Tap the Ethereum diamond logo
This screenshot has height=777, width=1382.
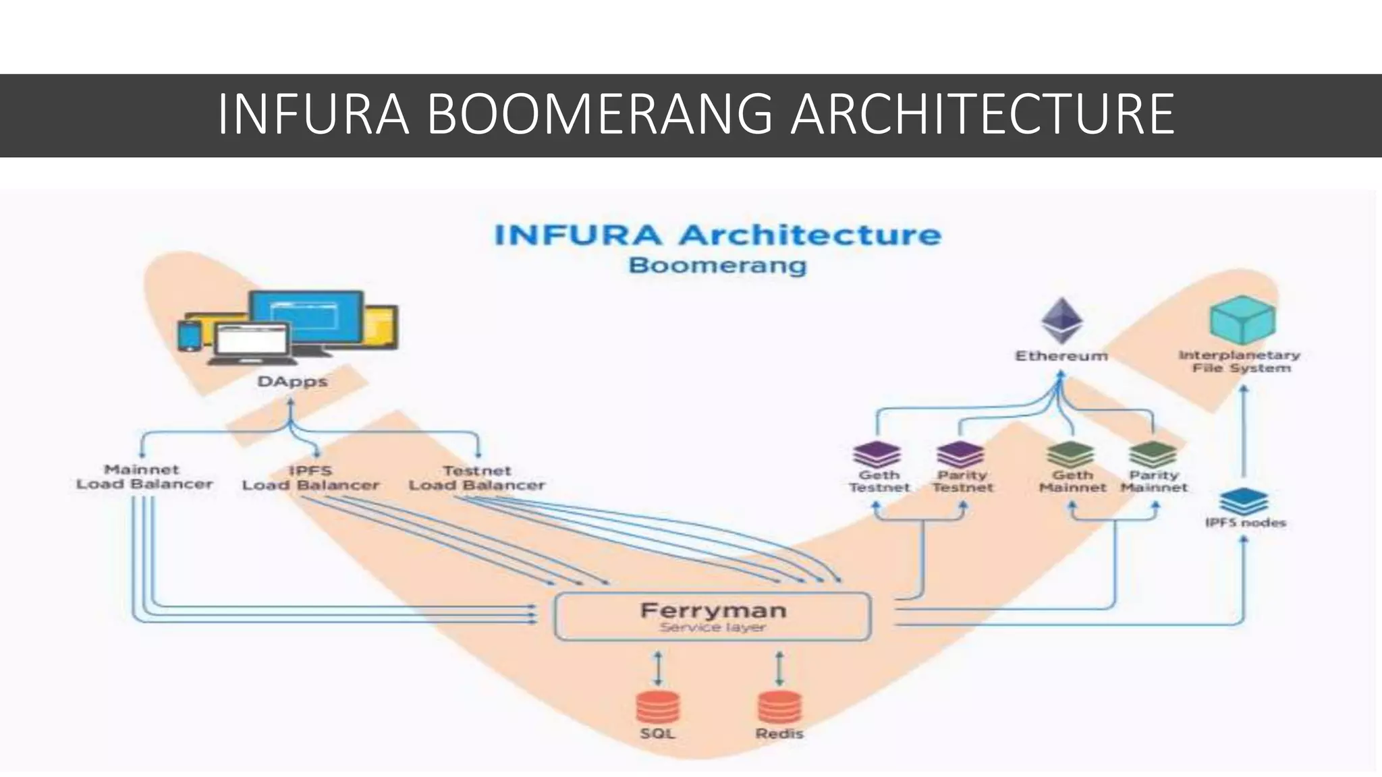tap(1061, 321)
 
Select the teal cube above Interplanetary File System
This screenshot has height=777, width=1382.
tap(1242, 320)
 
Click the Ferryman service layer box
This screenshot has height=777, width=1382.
tap(713, 616)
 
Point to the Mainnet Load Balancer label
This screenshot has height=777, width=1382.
tap(144, 477)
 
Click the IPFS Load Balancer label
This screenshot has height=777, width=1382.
tap(310, 478)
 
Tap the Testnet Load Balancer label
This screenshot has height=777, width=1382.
tap(476, 478)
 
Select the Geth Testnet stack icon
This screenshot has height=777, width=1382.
tap(877, 454)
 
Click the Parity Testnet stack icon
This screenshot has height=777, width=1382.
tap(961, 454)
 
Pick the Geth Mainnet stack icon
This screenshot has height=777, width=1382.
tap(1071, 454)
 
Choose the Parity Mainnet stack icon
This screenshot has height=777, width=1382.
tap(1153, 454)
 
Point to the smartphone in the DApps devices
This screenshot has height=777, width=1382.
tap(189, 336)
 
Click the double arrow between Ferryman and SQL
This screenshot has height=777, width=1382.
tap(659, 667)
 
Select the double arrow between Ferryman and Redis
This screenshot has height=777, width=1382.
tap(779, 667)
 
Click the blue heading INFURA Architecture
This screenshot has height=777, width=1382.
tap(717, 235)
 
